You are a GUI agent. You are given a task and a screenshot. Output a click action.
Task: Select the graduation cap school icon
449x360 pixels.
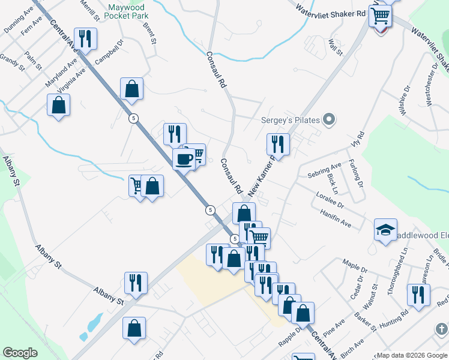386,230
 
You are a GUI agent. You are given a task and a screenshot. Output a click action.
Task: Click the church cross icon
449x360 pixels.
441,329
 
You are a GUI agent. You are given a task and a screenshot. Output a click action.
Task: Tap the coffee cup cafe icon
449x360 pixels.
184,160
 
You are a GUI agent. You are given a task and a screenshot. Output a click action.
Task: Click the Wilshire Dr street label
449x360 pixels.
406,100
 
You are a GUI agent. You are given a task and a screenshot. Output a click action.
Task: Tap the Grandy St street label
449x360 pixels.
11,62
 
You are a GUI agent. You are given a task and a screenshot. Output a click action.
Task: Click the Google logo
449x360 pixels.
20,353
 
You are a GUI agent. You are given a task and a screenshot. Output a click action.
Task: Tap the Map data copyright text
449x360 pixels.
412,355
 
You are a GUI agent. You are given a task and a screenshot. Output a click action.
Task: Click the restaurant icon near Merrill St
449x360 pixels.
85,39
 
